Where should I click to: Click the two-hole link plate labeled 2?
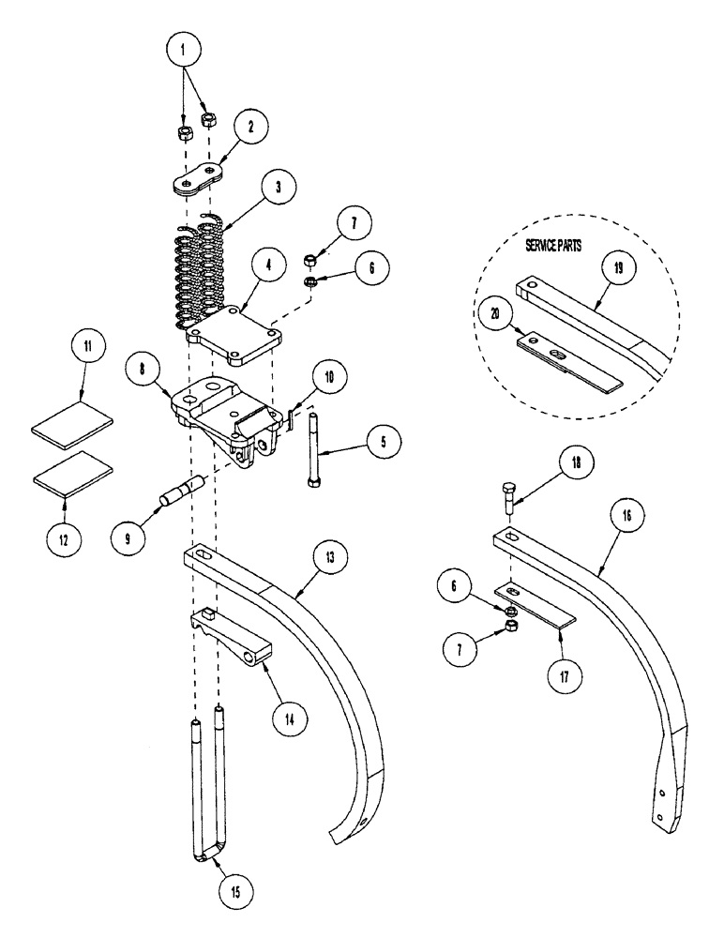click(x=200, y=181)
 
